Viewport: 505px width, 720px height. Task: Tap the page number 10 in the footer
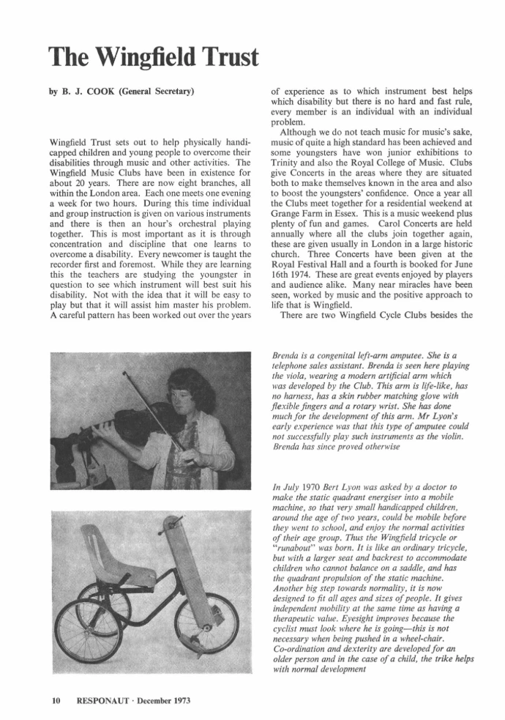tap(54, 699)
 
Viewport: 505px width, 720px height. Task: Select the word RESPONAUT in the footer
tap(102, 699)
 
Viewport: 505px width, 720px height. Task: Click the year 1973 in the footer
tap(179, 699)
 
